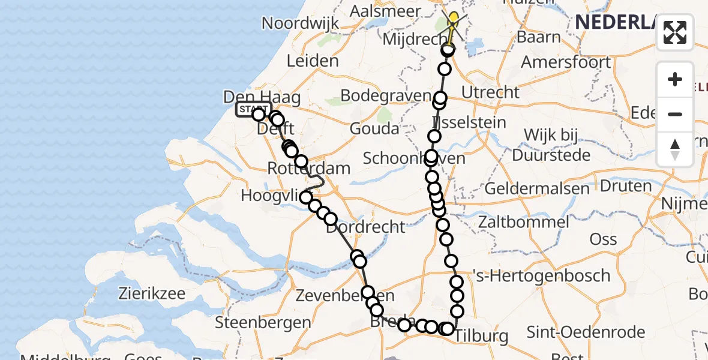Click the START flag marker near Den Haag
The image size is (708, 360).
pos(253,109)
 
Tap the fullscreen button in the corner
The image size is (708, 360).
pos(675,32)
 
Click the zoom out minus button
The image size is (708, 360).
pos(675,114)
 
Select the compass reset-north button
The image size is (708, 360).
pos(675,149)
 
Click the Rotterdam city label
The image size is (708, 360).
pos(308,169)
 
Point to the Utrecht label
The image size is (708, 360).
pos(490,92)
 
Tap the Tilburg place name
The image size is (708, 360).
pos(480,336)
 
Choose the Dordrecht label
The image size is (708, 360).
pos(365,227)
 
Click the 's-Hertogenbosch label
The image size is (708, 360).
pos(541,277)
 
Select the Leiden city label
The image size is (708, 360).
pos(313,61)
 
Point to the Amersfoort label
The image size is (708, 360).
pos(566,62)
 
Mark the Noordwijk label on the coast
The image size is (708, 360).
pos(300,23)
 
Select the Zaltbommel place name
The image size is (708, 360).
pos(524,223)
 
